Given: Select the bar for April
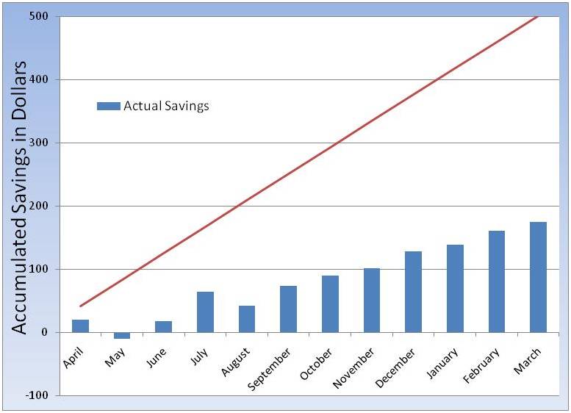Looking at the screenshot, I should pyautogui.click(x=80, y=326).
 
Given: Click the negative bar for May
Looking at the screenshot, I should pyautogui.click(x=122, y=335).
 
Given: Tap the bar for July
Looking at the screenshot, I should pyautogui.click(x=205, y=312).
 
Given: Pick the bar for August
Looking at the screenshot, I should pyautogui.click(x=247, y=319).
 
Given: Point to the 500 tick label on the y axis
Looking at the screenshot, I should pyautogui.click(x=40, y=16).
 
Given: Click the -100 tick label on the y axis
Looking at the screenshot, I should pyautogui.click(x=38, y=395).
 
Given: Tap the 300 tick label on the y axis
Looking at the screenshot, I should pyautogui.click(x=40, y=143).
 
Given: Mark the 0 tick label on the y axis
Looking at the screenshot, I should pyautogui.click(x=45, y=332).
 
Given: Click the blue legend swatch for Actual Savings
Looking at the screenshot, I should pyautogui.click(x=108, y=106).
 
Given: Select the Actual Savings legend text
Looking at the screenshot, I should pyautogui.click(x=166, y=106).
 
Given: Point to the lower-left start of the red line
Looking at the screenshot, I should pyautogui.click(x=80, y=306).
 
